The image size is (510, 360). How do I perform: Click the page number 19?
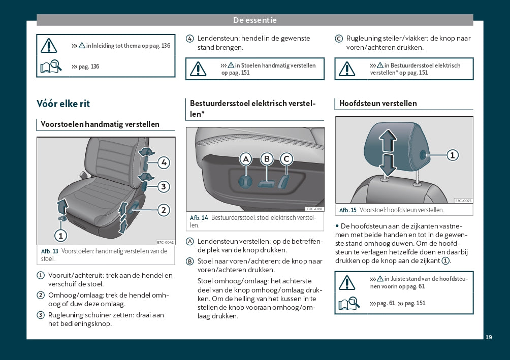[x=489, y=337]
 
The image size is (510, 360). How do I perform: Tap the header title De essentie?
[x=255, y=20]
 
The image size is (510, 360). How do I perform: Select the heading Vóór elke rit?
[x=63, y=104]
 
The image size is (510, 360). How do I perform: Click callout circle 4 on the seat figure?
[x=163, y=162]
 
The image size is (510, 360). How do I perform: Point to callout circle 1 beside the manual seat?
[x=60, y=236]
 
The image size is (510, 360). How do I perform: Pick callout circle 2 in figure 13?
[x=163, y=210]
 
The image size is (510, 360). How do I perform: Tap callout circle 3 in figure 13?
[x=163, y=187]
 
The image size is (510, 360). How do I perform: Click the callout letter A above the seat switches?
[x=246, y=159]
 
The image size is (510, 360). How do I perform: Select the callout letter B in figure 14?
[x=267, y=159]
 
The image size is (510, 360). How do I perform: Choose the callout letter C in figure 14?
[x=286, y=159]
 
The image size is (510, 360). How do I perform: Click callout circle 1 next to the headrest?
[x=452, y=155]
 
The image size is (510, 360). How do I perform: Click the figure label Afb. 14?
[x=199, y=218]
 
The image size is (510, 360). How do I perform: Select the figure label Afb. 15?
[x=348, y=210]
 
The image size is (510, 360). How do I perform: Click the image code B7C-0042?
[x=165, y=243]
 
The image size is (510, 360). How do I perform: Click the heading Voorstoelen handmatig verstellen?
[x=100, y=124]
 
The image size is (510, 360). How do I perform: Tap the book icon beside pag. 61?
[x=349, y=304]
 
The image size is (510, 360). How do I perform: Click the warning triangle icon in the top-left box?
[x=49, y=45]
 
